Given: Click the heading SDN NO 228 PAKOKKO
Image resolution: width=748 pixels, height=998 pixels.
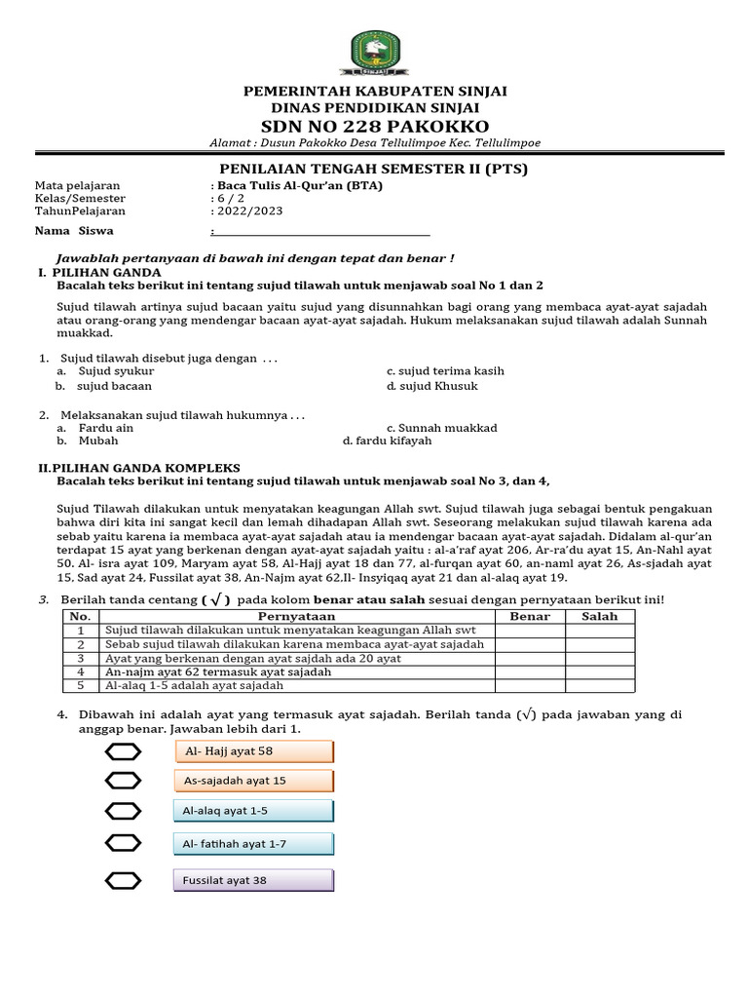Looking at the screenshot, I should coord(375,128).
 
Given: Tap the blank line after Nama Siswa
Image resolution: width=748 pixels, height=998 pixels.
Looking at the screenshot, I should coord(320,232).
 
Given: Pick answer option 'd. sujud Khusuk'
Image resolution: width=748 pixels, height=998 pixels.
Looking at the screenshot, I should coord(431,386).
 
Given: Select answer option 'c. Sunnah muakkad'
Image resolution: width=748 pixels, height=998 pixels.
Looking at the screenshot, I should coord(441,428).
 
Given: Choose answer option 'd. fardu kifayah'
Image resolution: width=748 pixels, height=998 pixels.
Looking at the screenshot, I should coord(387,441).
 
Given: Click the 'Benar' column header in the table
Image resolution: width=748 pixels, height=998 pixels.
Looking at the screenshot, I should coord(530,617).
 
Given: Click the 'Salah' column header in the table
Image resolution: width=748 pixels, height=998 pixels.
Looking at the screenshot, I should coord(600,617).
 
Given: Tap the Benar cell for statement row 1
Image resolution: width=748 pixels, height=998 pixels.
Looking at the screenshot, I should coord(530,631).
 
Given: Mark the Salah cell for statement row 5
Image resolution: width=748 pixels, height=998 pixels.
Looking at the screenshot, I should coord(600,686).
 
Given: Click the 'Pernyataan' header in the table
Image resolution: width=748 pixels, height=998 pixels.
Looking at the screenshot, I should coord(297,617).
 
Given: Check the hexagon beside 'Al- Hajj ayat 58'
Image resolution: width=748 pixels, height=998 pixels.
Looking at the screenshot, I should coord(124,751).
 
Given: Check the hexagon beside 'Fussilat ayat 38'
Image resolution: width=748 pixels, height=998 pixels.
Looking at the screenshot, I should coord(124,881).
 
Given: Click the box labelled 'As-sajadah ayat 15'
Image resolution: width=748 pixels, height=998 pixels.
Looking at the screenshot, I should coord(254,781).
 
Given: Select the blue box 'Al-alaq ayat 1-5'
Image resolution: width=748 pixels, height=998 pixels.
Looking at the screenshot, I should coord(254,811).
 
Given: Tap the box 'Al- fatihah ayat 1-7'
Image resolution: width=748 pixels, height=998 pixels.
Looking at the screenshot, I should coord(254,844).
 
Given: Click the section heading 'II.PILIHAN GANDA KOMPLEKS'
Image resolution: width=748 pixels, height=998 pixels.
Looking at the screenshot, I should coord(139,468).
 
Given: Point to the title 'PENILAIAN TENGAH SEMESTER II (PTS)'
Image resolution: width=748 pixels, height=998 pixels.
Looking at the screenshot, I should coord(374,170).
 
